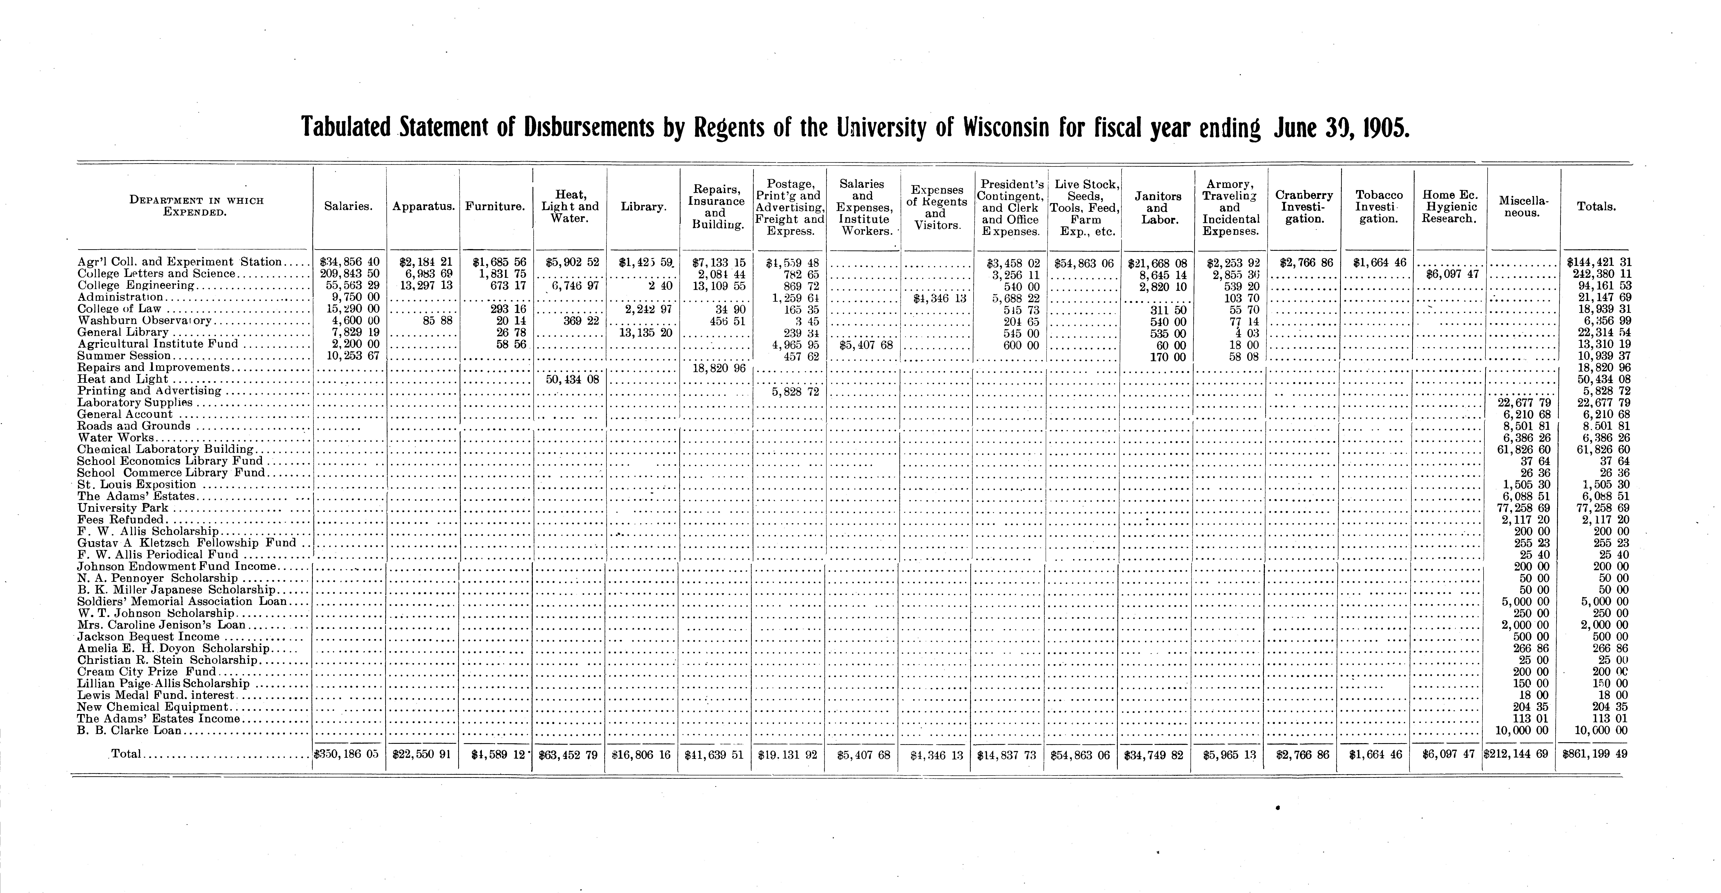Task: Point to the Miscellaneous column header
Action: click(x=1523, y=207)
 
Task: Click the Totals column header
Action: click(x=1596, y=207)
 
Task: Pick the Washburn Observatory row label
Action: click(x=144, y=321)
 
